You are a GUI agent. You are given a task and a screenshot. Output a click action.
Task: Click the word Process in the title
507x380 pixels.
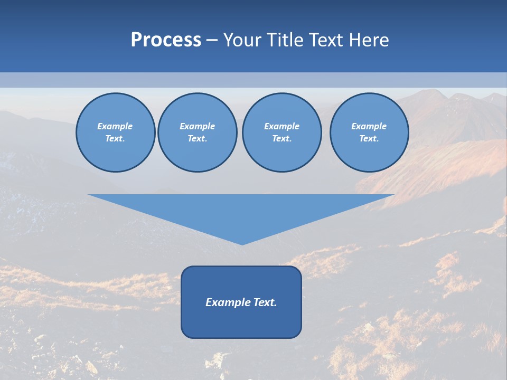tap(166, 40)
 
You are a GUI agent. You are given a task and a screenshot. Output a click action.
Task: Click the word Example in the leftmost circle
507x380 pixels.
tap(115, 126)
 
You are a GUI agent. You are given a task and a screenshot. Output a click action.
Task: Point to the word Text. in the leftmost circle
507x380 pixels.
tap(115, 139)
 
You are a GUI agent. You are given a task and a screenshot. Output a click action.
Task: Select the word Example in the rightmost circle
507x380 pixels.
tap(369, 126)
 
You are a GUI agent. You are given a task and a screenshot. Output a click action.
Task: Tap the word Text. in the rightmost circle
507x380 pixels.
tap(369, 139)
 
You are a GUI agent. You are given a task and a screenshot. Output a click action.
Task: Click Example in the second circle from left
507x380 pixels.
tap(197, 126)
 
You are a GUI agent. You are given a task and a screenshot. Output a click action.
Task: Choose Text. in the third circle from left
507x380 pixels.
tap(281, 139)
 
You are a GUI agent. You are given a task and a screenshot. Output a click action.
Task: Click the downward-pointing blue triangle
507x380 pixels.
tap(241, 211)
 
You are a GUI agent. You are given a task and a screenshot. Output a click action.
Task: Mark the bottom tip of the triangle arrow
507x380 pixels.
tap(242, 244)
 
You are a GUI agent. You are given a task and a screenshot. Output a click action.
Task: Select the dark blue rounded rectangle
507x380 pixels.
tap(241, 322)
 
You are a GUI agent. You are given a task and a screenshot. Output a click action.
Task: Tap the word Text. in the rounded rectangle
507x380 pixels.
tap(266, 302)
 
